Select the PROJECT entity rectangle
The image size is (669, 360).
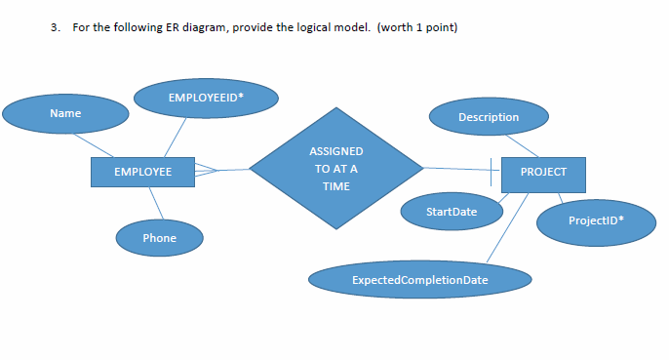pos(542,172)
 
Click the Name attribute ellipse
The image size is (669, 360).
pos(65,114)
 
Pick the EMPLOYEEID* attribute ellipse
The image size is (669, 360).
pos(205,99)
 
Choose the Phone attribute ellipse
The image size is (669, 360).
pos(159,238)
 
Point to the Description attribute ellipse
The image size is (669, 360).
pos(488,117)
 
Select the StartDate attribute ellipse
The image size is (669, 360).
pos(452,212)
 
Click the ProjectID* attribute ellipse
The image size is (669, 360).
pos(596,220)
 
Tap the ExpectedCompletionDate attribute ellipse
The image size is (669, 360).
pos(420,281)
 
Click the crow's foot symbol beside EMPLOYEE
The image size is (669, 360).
pos(208,172)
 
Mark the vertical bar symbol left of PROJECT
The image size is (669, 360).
pos(492,172)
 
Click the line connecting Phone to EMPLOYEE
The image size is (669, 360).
pos(154,204)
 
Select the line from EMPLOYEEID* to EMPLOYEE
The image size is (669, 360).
pos(175,138)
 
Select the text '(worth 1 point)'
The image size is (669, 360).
pos(416,26)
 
